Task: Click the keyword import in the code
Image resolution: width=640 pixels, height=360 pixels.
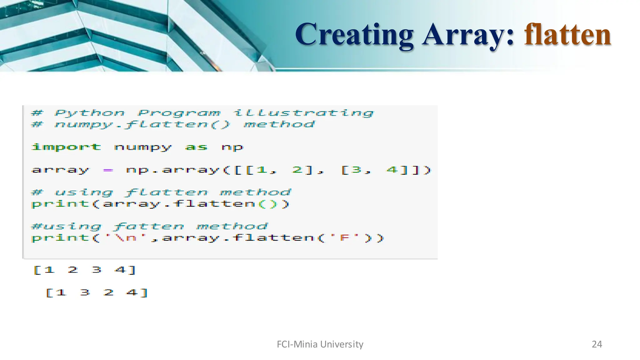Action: tap(66, 147)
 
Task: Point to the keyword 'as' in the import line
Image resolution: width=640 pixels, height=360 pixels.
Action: tap(196, 147)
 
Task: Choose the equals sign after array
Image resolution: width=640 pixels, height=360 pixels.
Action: tap(108, 170)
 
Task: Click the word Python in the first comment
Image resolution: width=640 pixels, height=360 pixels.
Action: tap(89, 113)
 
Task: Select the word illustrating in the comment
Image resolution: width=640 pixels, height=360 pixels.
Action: tap(303, 113)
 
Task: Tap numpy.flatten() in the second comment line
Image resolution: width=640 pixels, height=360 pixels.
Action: tap(142, 124)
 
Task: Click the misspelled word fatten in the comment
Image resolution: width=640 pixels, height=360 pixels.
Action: tap(149, 226)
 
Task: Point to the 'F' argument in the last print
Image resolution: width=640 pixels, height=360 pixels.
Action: tap(345, 238)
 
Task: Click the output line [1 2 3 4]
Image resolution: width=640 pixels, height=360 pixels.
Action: tap(85, 270)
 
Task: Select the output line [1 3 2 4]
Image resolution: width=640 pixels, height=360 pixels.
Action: tap(97, 293)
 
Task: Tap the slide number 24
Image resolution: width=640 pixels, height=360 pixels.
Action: tap(597, 344)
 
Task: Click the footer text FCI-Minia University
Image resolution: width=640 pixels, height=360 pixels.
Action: tap(320, 344)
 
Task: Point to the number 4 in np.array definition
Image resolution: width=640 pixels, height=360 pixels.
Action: tap(392, 170)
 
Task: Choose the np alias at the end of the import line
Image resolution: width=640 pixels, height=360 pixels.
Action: tap(232, 147)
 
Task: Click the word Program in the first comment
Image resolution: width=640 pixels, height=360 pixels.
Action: tap(179, 113)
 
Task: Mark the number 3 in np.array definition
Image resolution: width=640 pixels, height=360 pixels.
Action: tap(357, 170)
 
